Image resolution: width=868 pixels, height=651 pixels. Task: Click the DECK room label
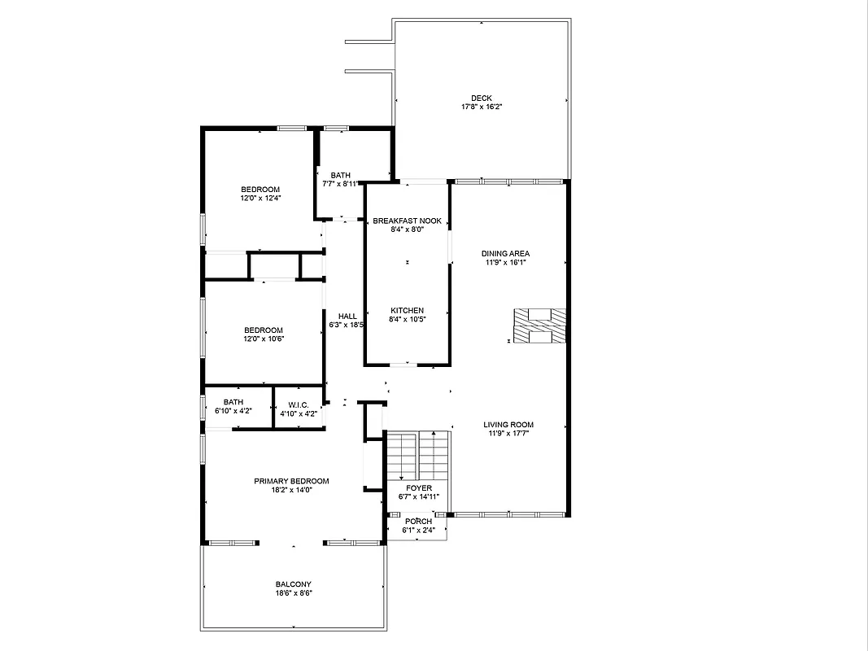(x=481, y=98)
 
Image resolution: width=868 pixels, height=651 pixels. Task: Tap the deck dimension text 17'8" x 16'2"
(x=481, y=107)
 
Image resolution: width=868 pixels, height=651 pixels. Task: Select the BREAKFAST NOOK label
(x=407, y=221)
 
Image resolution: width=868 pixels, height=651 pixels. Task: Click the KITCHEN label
(x=407, y=311)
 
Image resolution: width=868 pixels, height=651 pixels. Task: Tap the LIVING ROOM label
(x=508, y=425)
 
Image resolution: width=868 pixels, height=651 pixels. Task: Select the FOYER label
(x=419, y=488)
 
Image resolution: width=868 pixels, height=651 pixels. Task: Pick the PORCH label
(x=419, y=522)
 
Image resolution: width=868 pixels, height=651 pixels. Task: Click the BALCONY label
(x=293, y=584)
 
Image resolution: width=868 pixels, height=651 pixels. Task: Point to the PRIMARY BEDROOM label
(x=291, y=481)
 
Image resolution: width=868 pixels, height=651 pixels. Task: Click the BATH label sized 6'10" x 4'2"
(x=233, y=402)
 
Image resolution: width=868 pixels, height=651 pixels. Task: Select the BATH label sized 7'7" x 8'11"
(x=340, y=175)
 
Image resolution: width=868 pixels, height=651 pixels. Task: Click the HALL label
(x=347, y=317)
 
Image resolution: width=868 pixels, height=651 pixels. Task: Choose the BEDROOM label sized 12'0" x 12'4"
(x=260, y=190)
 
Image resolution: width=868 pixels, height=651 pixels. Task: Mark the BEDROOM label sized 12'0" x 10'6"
(x=264, y=330)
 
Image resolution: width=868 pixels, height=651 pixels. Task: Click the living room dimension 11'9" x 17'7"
(x=508, y=434)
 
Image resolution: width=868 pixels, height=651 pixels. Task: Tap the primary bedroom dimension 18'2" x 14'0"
(x=291, y=490)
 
